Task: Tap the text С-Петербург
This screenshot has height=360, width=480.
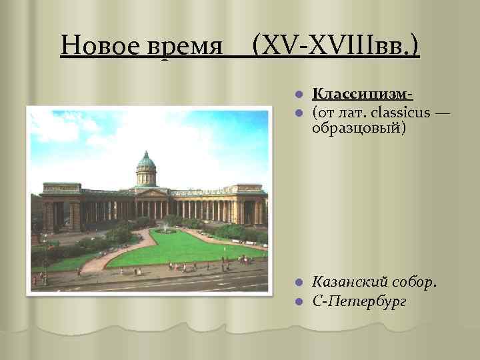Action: (x=360, y=301)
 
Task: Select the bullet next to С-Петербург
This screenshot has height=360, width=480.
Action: (x=301, y=302)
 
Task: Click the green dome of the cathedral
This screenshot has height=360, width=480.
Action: (x=146, y=161)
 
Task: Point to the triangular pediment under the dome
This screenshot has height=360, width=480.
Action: (x=152, y=193)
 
